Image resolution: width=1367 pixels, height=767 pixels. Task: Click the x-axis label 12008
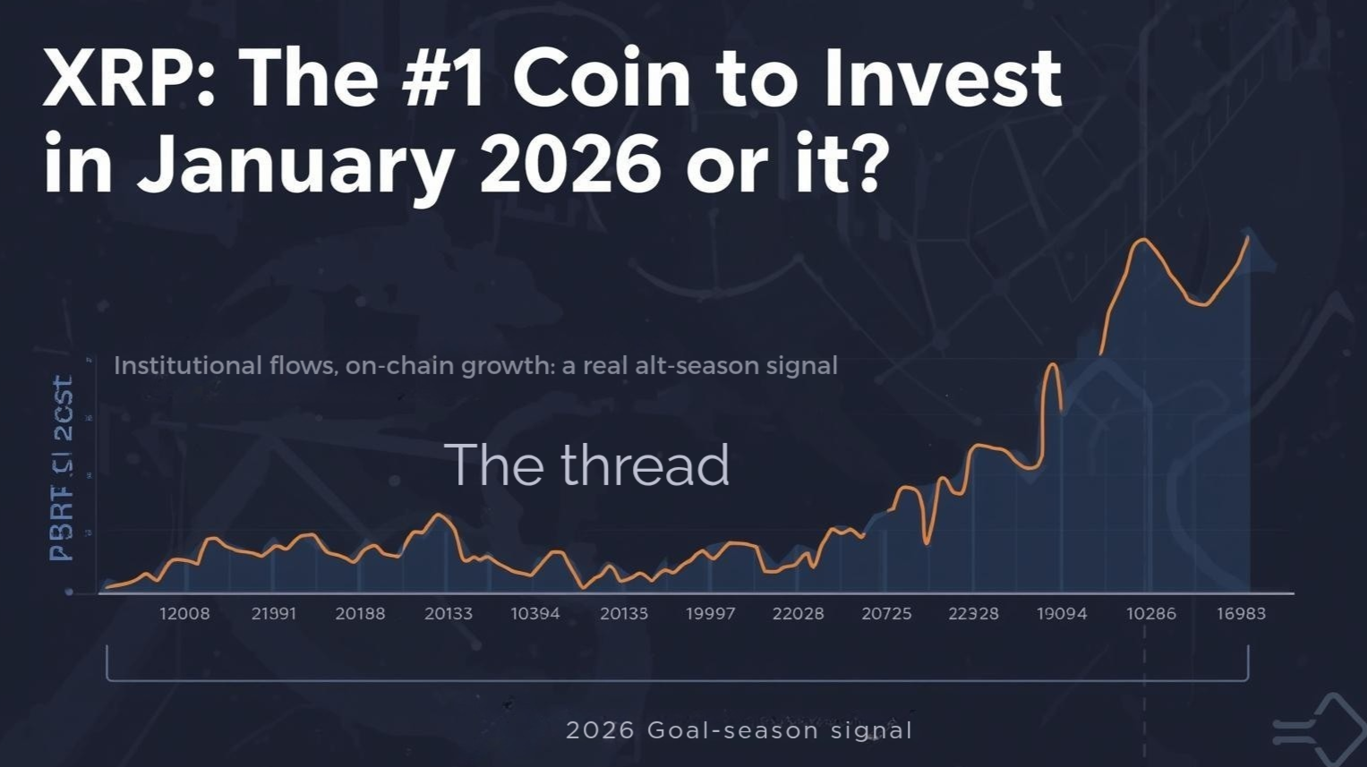click(x=184, y=614)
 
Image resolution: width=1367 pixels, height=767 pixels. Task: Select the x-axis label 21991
click(x=274, y=614)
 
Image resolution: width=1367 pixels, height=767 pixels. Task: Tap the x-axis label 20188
click(x=360, y=614)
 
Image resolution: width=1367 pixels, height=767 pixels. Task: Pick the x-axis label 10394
click(x=535, y=614)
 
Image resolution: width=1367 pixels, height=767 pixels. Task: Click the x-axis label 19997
click(x=710, y=614)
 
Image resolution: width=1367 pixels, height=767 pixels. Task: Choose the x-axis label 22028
click(x=798, y=614)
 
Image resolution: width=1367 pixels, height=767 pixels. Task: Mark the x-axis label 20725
click(x=886, y=614)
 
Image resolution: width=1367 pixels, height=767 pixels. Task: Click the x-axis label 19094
click(x=1062, y=614)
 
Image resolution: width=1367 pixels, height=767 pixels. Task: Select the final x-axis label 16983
click(x=1241, y=614)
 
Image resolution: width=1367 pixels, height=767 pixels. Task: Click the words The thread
click(x=586, y=465)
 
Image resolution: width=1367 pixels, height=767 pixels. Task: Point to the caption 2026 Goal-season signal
click(x=739, y=730)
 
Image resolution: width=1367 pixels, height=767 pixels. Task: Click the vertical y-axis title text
click(x=62, y=469)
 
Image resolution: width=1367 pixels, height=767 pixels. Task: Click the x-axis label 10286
click(x=1151, y=614)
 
